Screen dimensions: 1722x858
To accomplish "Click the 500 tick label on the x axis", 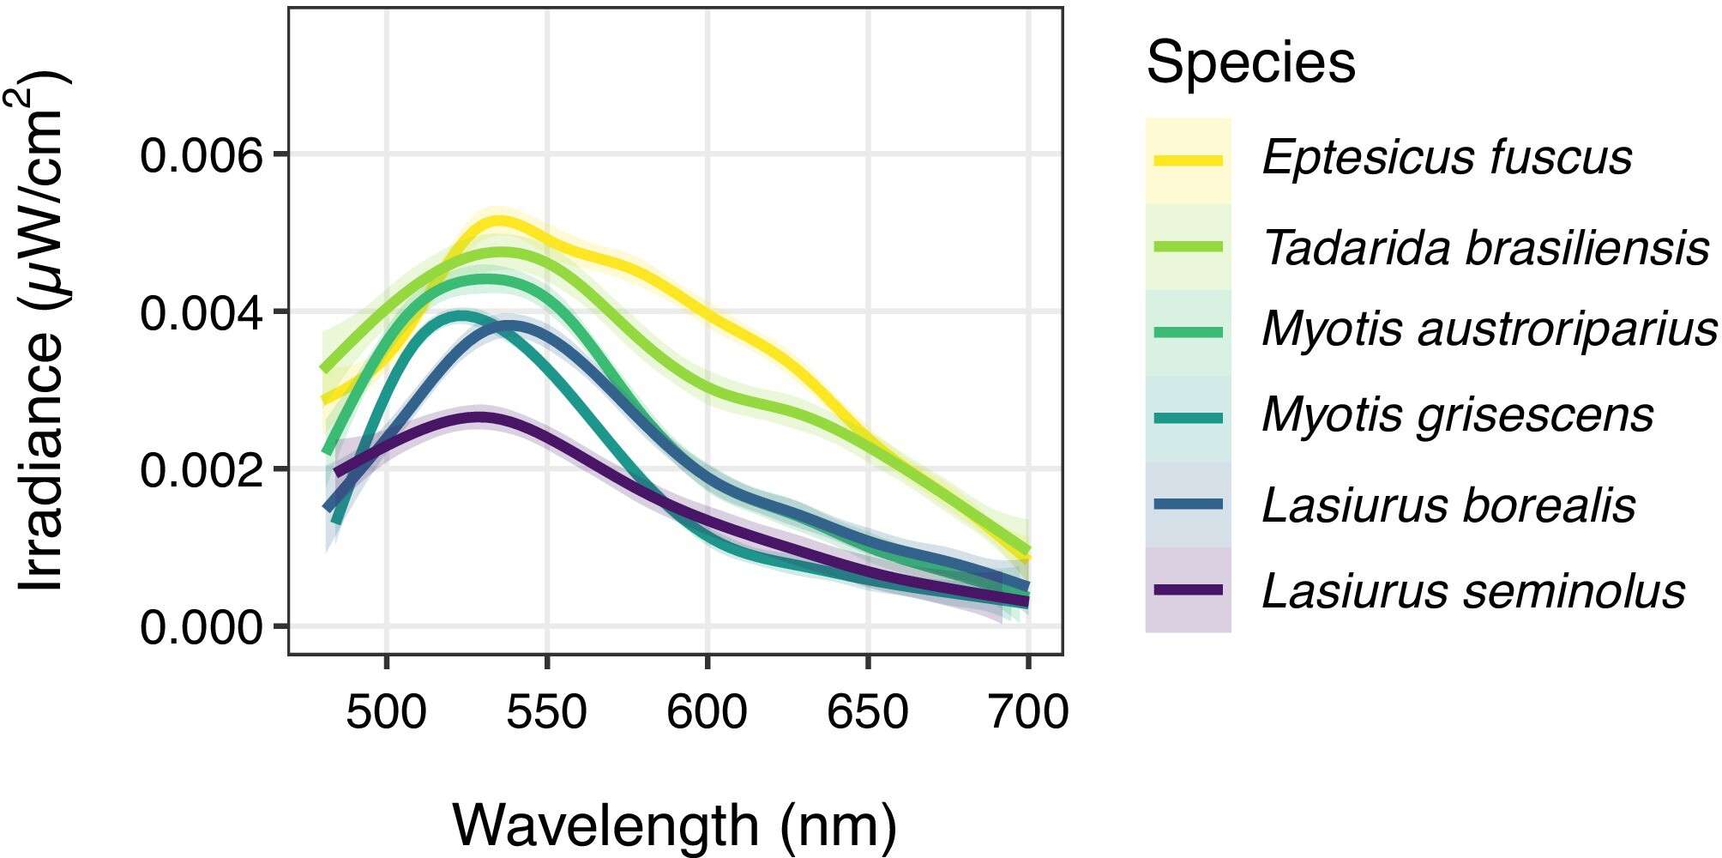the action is pyautogui.click(x=386, y=713).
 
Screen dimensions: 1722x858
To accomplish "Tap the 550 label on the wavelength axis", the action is pyautogui.click(x=547, y=713).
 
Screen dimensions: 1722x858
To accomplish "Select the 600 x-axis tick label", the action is pyautogui.click(x=707, y=713).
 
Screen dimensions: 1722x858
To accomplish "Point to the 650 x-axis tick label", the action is pyautogui.click(x=868, y=713).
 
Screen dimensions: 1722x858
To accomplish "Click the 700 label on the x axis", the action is pyautogui.click(x=1028, y=713).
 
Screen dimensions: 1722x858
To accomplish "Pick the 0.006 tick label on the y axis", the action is pyautogui.click(x=201, y=155).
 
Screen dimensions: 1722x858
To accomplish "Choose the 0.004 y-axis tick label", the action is pyautogui.click(x=201, y=312).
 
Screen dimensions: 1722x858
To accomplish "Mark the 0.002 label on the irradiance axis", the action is pyautogui.click(x=201, y=470).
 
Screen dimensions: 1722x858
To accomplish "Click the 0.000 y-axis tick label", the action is pyautogui.click(x=201, y=627).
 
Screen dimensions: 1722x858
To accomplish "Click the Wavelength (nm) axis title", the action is pyautogui.click(x=674, y=825).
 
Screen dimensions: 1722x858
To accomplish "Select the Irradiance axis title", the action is pyautogui.click(x=43, y=330).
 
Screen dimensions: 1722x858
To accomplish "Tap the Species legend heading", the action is pyautogui.click(x=1250, y=63).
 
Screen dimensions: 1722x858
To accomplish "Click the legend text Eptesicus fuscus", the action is pyautogui.click(x=1447, y=158).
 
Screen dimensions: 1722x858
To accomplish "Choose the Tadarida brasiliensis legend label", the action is pyautogui.click(x=1486, y=247).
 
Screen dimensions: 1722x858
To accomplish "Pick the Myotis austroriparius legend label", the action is pyautogui.click(x=1490, y=330).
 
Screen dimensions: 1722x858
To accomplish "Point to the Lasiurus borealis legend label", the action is pyautogui.click(x=1448, y=505).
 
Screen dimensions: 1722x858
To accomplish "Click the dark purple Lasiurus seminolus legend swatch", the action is pyautogui.click(x=1188, y=590).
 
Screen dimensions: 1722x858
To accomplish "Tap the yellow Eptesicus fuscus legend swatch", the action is pyautogui.click(x=1188, y=160).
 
